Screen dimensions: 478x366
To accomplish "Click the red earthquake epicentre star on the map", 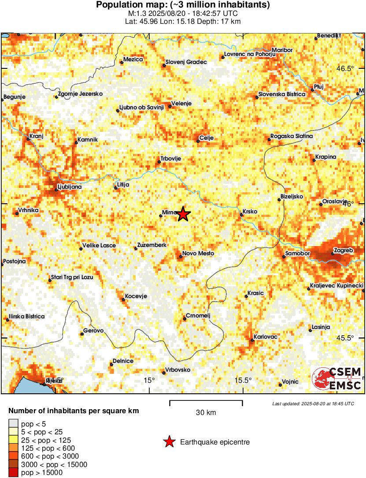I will pos(183,214).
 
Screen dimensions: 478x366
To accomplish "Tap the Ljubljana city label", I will pos(70,187).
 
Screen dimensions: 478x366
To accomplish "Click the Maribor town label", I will pos(282,50).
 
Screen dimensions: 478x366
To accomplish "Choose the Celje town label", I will pos(207,138).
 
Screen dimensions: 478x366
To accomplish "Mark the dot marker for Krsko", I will pos(241,215).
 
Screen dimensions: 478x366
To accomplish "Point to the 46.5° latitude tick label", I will pos(346,69).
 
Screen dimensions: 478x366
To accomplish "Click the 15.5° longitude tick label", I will pos(243,381).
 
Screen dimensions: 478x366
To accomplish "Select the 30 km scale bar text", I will pos(206,413).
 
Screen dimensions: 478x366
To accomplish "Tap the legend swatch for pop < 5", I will pos(14,424).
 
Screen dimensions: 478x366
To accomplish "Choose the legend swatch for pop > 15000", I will pos(14,473).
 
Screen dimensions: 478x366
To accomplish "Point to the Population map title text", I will pos(183,5).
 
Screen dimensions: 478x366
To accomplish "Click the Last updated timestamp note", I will pos(313,403).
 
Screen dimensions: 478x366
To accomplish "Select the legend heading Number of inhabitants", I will pos(74,411).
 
